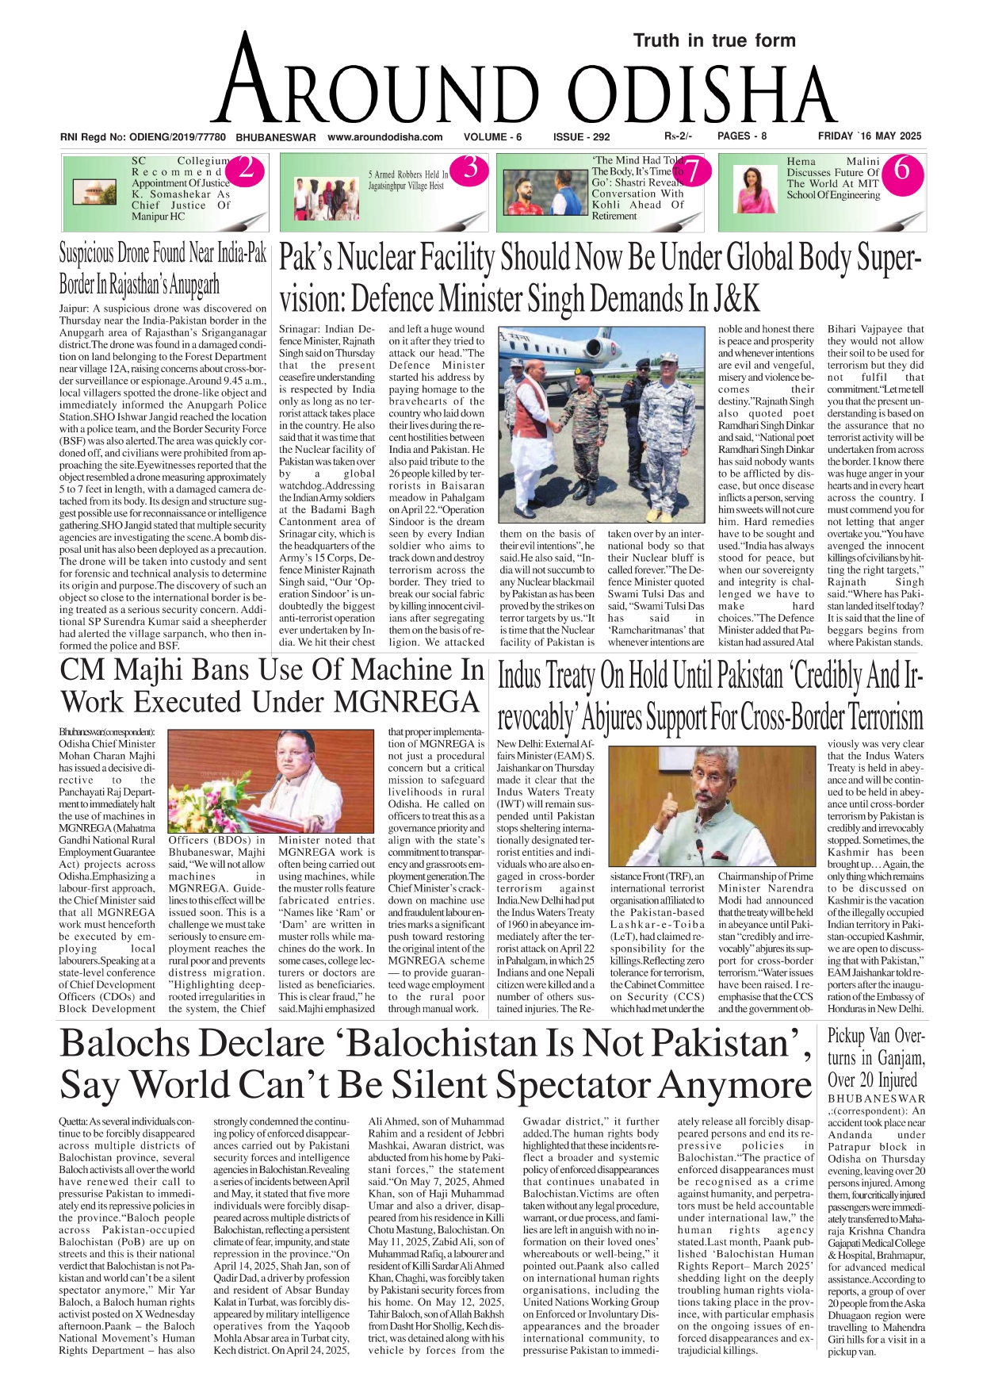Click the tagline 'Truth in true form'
coord(714,40)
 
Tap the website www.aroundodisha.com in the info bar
coord(384,137)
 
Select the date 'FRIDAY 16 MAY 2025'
coord(870,136)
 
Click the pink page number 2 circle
coord(246,169)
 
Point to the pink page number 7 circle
coord(691,171)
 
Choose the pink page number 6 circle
coord(901,170)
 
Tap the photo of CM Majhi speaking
coord(271,780)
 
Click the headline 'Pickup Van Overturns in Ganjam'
coord(875,1057)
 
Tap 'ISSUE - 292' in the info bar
coord(581,137)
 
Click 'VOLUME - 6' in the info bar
coord(492,137)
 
